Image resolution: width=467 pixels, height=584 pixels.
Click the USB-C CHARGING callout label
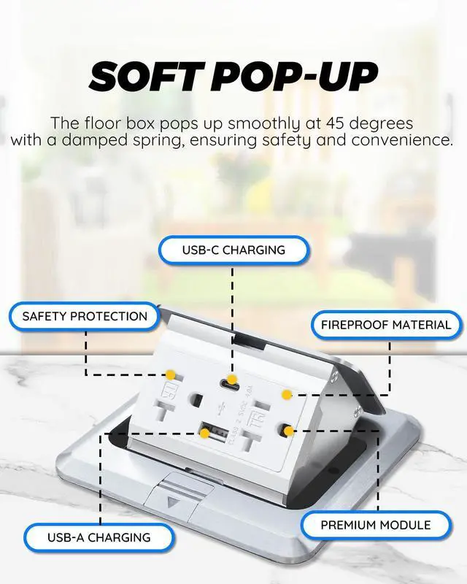coord(233,250)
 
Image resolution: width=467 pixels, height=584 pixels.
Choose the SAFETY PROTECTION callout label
coord(85,317)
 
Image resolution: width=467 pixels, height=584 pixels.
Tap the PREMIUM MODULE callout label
coord(376,525)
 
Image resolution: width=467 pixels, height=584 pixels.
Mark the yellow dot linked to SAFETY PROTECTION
coord(169,374)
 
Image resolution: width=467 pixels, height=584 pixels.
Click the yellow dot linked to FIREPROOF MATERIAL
coord(287,394)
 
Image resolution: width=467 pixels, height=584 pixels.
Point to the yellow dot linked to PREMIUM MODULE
coord(289,431)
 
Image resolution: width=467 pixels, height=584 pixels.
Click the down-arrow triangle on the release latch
coord(174,503)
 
